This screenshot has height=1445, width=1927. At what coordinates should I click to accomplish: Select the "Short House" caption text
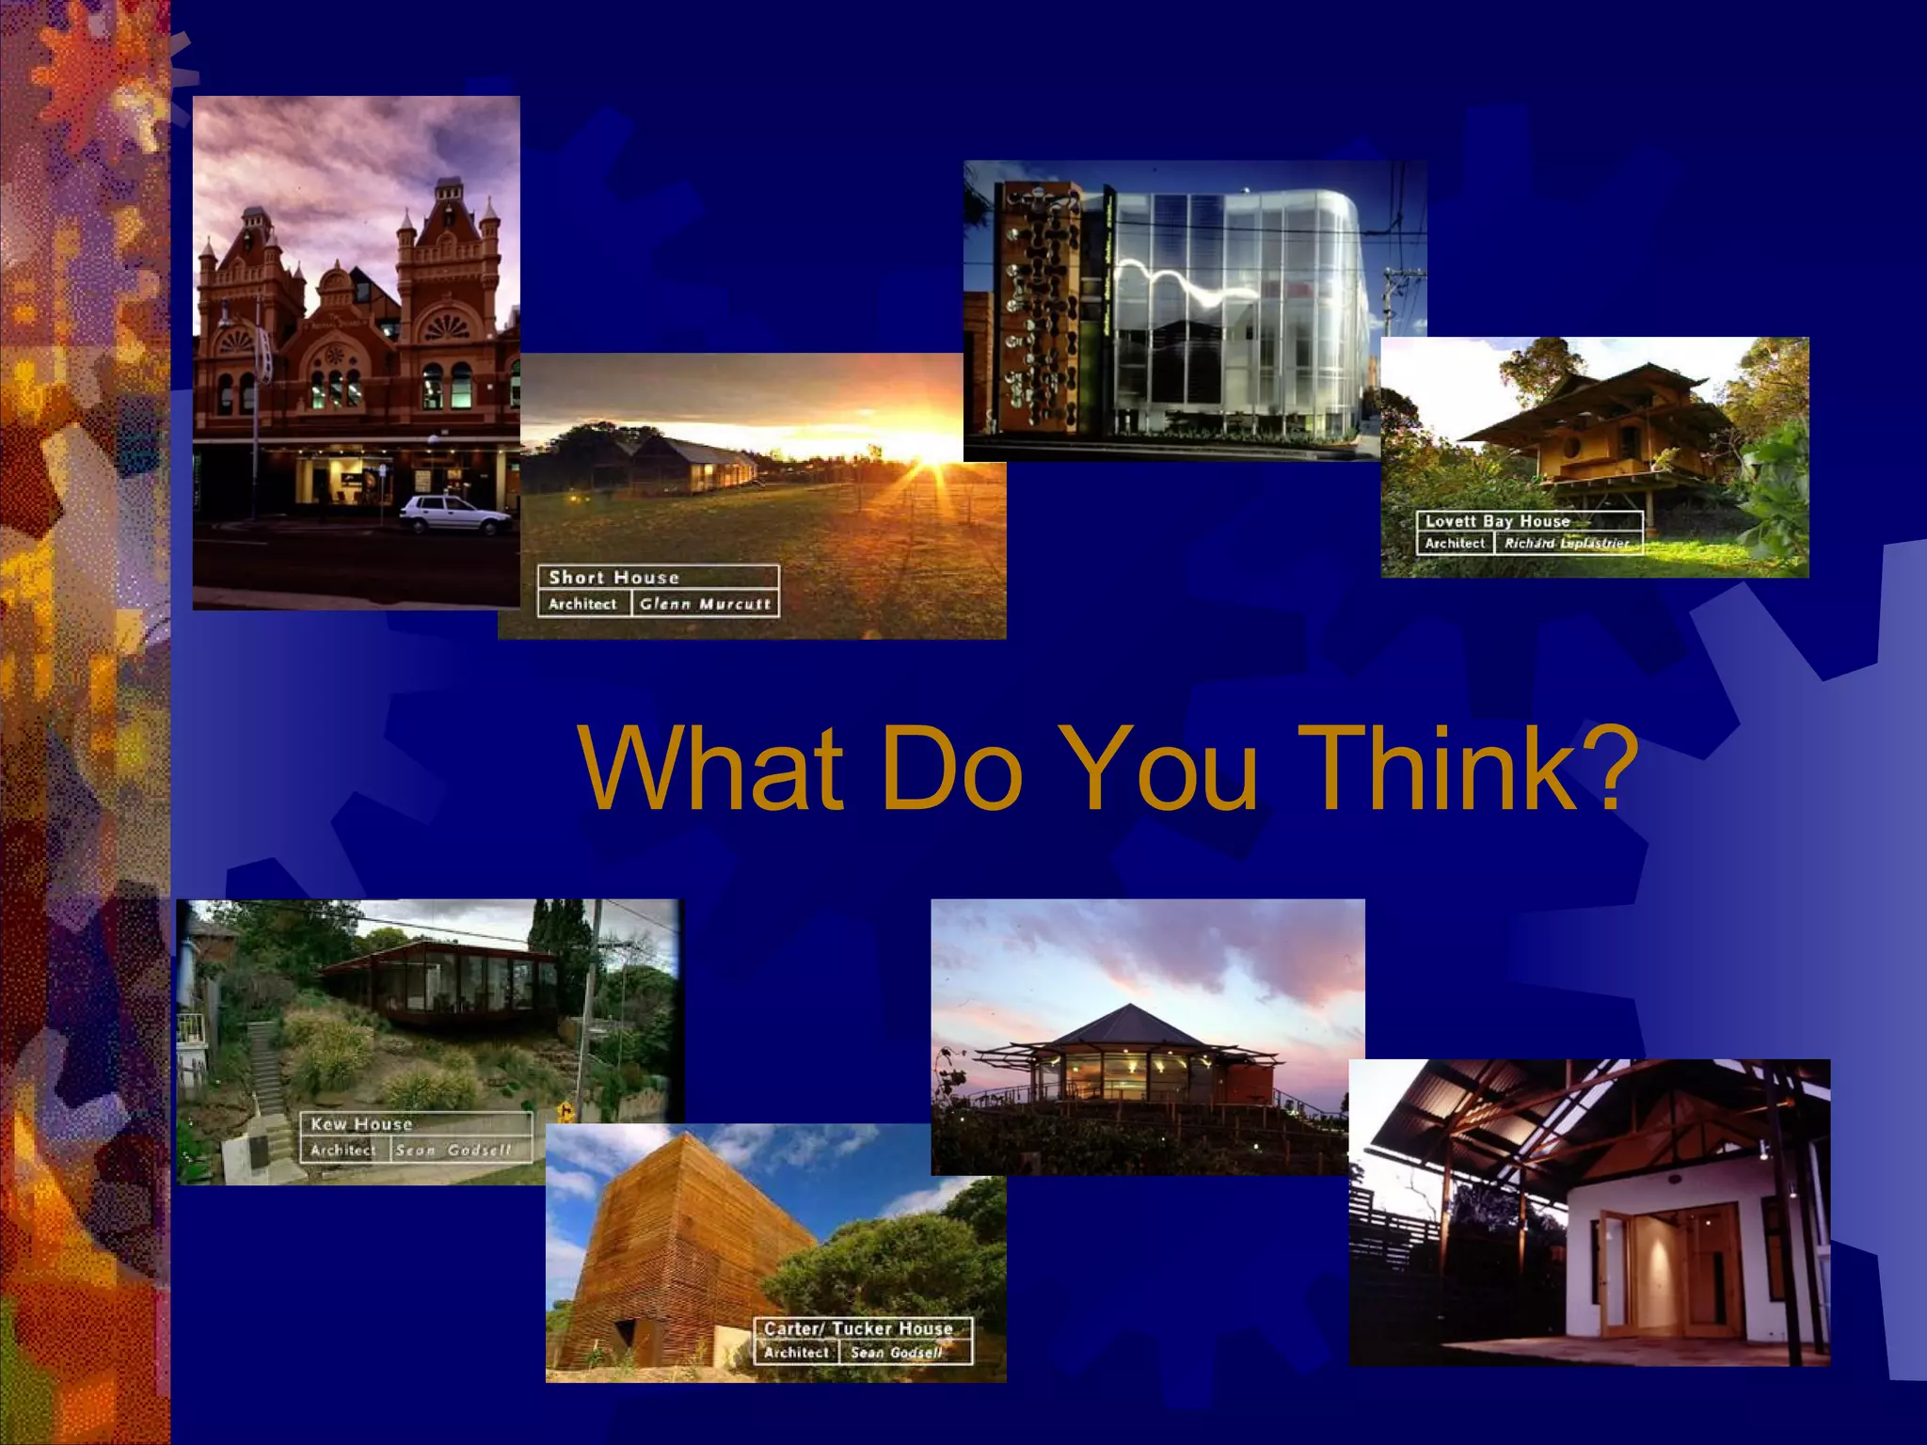click(613, 578)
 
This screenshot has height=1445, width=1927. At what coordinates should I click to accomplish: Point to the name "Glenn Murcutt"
click(705, 604)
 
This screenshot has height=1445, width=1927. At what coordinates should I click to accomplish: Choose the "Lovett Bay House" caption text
click(1497, 521)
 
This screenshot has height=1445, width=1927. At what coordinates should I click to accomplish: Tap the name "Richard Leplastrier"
click(1566, 544)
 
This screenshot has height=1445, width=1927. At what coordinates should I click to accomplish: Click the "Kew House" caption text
click(361, 1124)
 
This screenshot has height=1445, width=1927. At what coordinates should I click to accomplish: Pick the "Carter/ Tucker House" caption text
click(858, 1328)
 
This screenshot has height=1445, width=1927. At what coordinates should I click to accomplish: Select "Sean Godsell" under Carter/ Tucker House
click(896, 1353)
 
